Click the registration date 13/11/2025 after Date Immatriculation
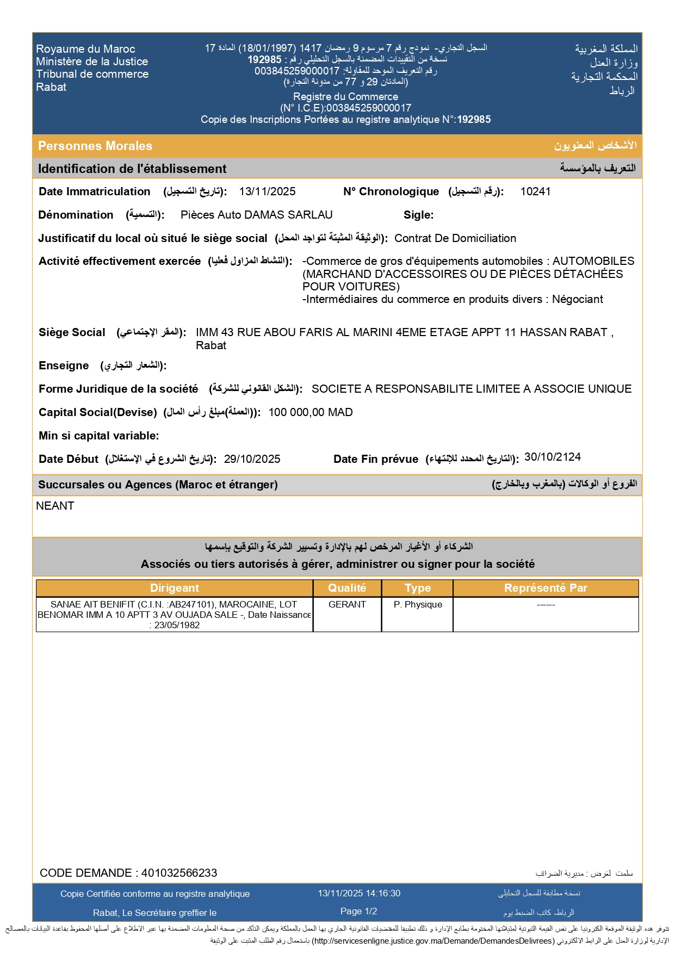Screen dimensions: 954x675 (x=267, y=191)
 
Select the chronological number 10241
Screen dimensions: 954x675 (x=535, y=191)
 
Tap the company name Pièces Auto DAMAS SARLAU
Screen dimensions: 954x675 (x=256, y=215)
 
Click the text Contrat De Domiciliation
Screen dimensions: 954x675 (x=455, y=238)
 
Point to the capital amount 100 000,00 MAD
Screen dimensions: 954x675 (x=311, y=412)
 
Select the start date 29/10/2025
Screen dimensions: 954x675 (x=252, y=459)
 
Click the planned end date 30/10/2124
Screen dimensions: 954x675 (x=552, y=457)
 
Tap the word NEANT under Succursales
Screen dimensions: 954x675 (x=55, y=506)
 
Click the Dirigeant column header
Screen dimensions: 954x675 (x=175, y=588)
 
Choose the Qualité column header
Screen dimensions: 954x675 (x=347, y=588)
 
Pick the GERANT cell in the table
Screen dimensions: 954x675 (x=347, y=604)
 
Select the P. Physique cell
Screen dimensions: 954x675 (x=418, y=604)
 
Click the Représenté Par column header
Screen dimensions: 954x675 (x=546, y=588)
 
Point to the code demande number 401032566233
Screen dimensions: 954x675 (x=179, y=873)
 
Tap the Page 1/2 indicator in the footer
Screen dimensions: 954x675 (x=358, y=911)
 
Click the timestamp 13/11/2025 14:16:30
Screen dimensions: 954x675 (x=359, y=893)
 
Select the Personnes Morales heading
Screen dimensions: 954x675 (x=95, y=146)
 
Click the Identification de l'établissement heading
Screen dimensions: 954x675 (x=132, y=169)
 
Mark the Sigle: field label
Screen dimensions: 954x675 (x=418, y=215)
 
